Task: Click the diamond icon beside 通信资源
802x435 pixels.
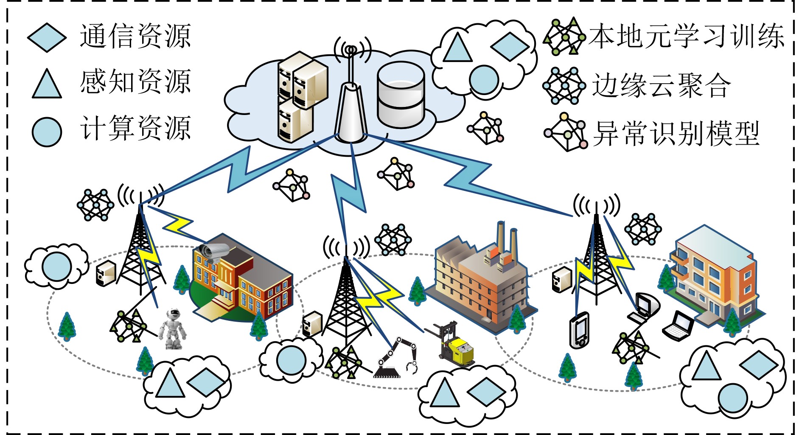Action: (x=47, y=37)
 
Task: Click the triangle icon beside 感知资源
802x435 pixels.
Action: (x=47, y=84)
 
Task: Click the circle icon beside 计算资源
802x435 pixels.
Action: (x=47, y=132)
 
